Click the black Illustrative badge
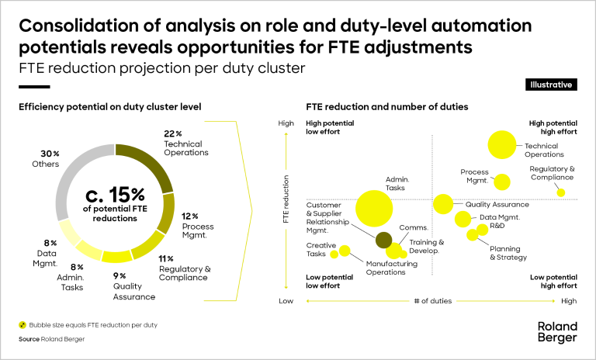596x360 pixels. click(x=551, y=84)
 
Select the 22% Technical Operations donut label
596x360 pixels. click(x=185, y=143)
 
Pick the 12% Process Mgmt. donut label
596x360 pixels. click(x=197, y=226)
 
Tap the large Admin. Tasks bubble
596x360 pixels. click(x=374, y=207)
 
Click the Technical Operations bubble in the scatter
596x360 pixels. click(x=502, y=144)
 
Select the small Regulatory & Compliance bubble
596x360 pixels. click(x=561, y=192)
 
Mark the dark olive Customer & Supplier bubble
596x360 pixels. click(x=383, y=240)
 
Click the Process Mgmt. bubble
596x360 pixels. click(x=502, y=182)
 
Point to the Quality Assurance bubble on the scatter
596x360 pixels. click(x=443, y=204)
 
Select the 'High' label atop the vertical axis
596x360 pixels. click(x=286, y=123)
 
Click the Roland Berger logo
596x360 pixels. click(x=557, y=332)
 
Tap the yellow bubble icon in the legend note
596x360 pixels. click(x=23, y=324)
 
